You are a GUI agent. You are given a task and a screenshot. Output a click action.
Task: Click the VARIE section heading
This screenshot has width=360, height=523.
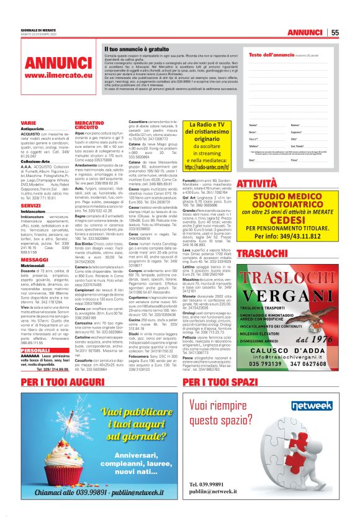tap(28, 124)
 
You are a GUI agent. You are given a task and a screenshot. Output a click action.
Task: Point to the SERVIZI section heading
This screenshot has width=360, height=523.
tap(31, 205)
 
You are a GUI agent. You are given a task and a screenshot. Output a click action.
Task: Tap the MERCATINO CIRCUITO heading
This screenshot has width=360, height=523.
tap(88, 125)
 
